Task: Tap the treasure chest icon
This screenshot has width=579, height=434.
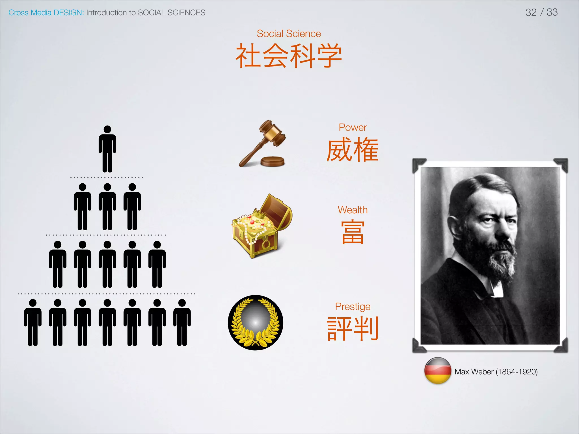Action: [262, 226]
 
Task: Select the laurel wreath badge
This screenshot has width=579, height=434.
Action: [256, 323]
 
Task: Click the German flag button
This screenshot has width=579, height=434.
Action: [438, 371]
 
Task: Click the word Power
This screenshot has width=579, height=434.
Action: [353, 127]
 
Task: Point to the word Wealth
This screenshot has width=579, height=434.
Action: [353, 210]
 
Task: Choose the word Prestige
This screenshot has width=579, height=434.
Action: [353, 307]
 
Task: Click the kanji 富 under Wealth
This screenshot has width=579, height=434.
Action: [353, 232]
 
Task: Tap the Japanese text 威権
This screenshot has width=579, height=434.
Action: [353, 150]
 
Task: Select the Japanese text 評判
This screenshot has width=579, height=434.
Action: [353, 328]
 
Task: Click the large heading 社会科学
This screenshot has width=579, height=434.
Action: [289, 56]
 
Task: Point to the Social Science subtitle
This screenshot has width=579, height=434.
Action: [289, 34]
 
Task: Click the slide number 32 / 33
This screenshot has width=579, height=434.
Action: [541, 12]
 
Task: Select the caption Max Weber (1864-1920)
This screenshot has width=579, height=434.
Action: [496, 372]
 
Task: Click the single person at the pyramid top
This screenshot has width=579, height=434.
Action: [107, 149]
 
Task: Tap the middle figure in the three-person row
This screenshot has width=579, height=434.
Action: [107, 207]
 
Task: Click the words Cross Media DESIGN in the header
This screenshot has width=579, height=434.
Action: [46, 13]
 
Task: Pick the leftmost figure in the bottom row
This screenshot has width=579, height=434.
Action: [33, 322]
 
